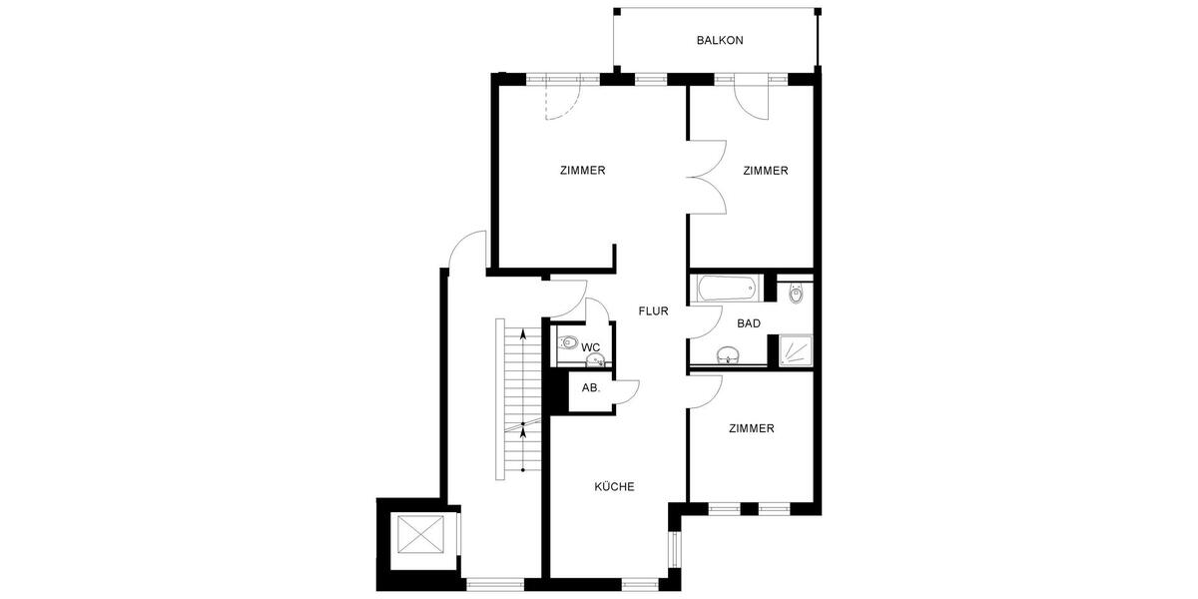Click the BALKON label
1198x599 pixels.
[720, 41]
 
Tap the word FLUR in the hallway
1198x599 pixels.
[653, 311]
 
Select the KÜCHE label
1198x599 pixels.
[614, 487]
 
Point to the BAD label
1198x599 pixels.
[749, 323]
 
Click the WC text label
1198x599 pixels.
[590, 347]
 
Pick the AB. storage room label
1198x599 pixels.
[590, 388]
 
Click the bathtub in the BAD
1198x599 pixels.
[726, 290]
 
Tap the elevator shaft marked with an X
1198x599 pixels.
[419, 535]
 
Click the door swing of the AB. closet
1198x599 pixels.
[625, 392]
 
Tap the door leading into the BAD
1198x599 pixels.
[707, 321]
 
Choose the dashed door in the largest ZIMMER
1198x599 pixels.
[561, 100]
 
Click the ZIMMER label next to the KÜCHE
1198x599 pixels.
[751, 429]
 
